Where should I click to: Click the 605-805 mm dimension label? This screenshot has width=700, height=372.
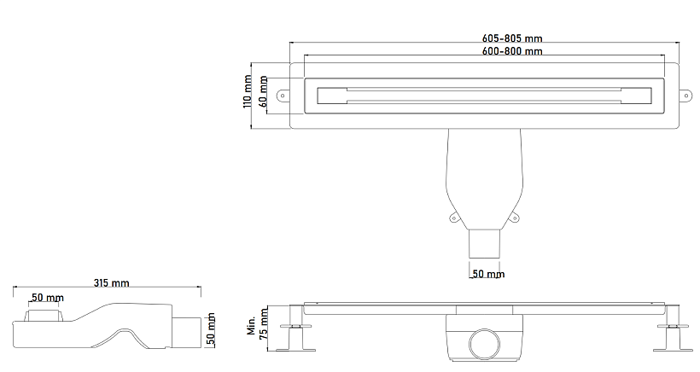click(x=512, y=38)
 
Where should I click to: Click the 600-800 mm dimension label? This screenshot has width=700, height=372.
click(x=512, y=51)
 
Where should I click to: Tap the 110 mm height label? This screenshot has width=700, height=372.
click(x=248, y=91)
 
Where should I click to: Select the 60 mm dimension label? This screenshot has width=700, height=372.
click(x=264, y=91)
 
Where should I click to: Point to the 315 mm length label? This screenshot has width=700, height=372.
click(x=111, y=282)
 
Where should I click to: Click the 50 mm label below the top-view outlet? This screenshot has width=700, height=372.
click(x=488, y=273)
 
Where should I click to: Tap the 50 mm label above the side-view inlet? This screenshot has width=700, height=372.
click(x=47, y=298)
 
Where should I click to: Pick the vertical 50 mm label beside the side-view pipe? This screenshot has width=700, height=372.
click(x=211, y=329)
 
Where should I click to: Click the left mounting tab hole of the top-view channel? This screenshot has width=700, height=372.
click(x=283, y=95)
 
